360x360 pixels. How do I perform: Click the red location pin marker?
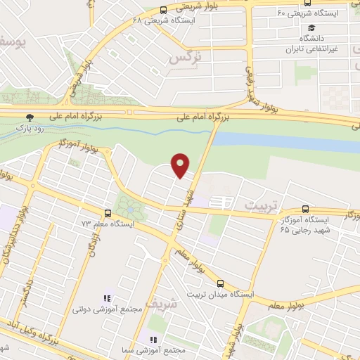[181, 165]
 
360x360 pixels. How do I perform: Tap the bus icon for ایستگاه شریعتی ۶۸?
[164, 10]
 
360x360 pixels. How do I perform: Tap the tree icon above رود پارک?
[30, 117]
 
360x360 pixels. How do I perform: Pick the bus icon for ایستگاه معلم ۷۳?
[108, 213]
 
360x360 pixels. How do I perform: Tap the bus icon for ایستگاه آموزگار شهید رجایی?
[304, 209]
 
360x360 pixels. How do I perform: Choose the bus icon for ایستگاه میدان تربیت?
[220, 283]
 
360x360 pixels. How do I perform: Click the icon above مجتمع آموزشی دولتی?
[108, 298]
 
